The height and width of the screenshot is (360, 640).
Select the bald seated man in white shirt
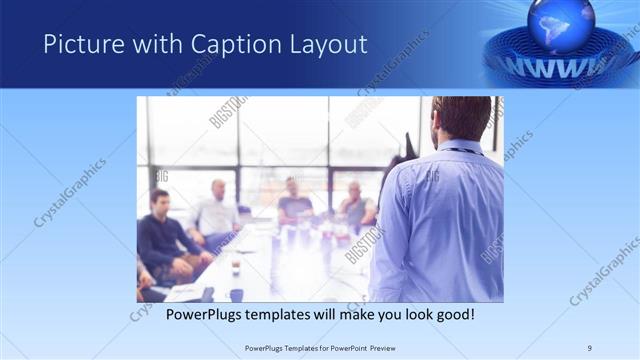coord(215,210)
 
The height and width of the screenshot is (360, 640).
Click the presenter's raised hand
coord(408,143)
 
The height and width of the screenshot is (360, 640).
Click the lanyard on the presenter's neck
coord(463,151)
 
